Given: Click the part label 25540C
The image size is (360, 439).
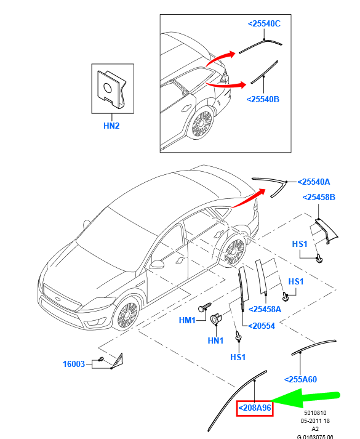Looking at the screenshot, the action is click(x=264, y=23).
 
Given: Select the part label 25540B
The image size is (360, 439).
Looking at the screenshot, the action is click(x=263, y=99).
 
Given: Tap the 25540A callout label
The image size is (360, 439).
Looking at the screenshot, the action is click(x=314, y=182).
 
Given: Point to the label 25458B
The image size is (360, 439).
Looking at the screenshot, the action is click(x=319, y=197).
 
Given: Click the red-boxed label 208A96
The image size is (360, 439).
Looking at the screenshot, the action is click(x=255, y=408).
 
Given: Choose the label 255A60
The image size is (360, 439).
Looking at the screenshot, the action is click(x=300, y=379).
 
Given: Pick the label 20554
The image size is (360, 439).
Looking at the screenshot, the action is click(x=262, y=326).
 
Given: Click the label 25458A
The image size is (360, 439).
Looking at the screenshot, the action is click(x=265, y=309).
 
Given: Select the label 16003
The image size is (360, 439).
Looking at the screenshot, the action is click(x=74, y=364).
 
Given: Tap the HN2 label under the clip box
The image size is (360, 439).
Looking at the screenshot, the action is click(x=111, y=126).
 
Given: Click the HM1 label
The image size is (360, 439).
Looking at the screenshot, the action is click(x=187, y=320).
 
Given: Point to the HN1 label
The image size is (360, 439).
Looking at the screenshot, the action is click(x=215, y=340).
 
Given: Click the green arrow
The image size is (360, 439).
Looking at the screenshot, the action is click(x=305, y=398).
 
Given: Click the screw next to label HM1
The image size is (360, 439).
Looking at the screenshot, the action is click(x=204, y=307).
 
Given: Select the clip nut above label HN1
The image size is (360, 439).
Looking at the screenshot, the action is click(x=215, y=319).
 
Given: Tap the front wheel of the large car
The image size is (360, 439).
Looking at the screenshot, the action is click(x=127, y=314).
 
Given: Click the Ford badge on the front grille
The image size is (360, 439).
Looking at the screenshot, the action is click(x=58, y=299).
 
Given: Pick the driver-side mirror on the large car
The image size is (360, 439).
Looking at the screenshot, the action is click(x=157, y=264).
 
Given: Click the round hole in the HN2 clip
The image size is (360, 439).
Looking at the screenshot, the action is click(x=108, y=87).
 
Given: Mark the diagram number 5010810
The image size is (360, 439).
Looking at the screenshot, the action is click(x=315, y=413).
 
